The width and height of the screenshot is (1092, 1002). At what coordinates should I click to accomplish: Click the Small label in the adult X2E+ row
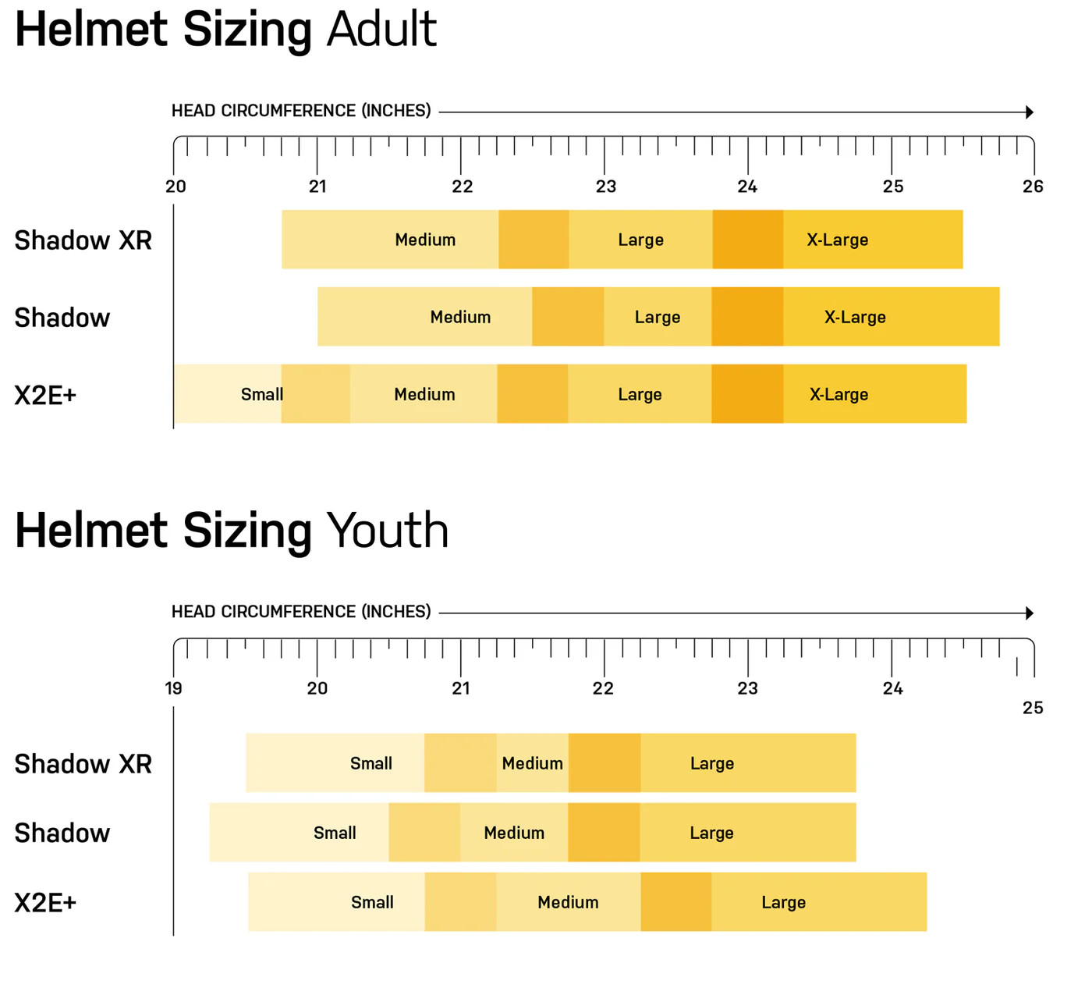pyautogui.click(x=261, y=395)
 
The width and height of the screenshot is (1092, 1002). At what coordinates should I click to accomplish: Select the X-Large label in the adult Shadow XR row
pyautogui.click(x=837, y=240)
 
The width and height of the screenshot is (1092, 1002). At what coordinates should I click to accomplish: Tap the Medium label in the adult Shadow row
pyautogui.click(x=460, y=317)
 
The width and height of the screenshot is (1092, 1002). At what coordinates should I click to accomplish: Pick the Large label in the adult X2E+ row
pyautogui.click(x=640, y=395)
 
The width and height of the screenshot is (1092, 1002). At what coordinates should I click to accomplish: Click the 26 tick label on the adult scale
pyautogui.click(x=1033, y=187)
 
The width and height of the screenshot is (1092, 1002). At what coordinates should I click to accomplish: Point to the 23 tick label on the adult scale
pyautogui.click(x=605, y=187)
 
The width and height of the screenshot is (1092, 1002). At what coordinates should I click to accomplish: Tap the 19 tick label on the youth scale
pyautogui.click(x=173, y=688)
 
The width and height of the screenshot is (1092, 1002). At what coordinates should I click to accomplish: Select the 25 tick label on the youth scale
pyautogui.click(x=1033, y=708)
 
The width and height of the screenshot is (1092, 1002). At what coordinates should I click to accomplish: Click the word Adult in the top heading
pyautogui.click(x=381, y=30)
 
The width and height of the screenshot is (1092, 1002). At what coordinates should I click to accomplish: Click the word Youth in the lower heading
pyautogui.click(x=387, y=531)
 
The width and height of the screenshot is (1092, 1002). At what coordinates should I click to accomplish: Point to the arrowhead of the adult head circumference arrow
pyautogui.click(x=1030, y=112)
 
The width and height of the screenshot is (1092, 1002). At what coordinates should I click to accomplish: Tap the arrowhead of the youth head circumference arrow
pyautogui.click(x=1030, y=613)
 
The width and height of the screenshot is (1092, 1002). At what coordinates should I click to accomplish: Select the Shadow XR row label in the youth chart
pyautogui.click(x=83, y=764)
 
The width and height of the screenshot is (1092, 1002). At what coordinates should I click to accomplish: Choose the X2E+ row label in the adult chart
pyautogui.click(x=45, y=396)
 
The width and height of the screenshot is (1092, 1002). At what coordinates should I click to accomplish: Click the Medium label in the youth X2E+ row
pyautogui.click(x=568, y=902)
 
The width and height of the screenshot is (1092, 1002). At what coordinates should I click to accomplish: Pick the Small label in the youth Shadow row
pyautogui.click(x=335, y=833)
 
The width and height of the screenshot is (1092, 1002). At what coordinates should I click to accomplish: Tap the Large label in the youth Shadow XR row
pyautogui.click(x=711, y=763)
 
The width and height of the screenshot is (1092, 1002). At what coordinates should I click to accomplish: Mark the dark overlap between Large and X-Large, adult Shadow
pyautogui.click(x=747, y=317)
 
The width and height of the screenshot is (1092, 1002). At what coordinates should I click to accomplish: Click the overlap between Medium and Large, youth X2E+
pyautogui.click(x=675, y=902)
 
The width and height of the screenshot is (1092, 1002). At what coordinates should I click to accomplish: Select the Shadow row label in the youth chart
pyautogui.click(x=62, y=833)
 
